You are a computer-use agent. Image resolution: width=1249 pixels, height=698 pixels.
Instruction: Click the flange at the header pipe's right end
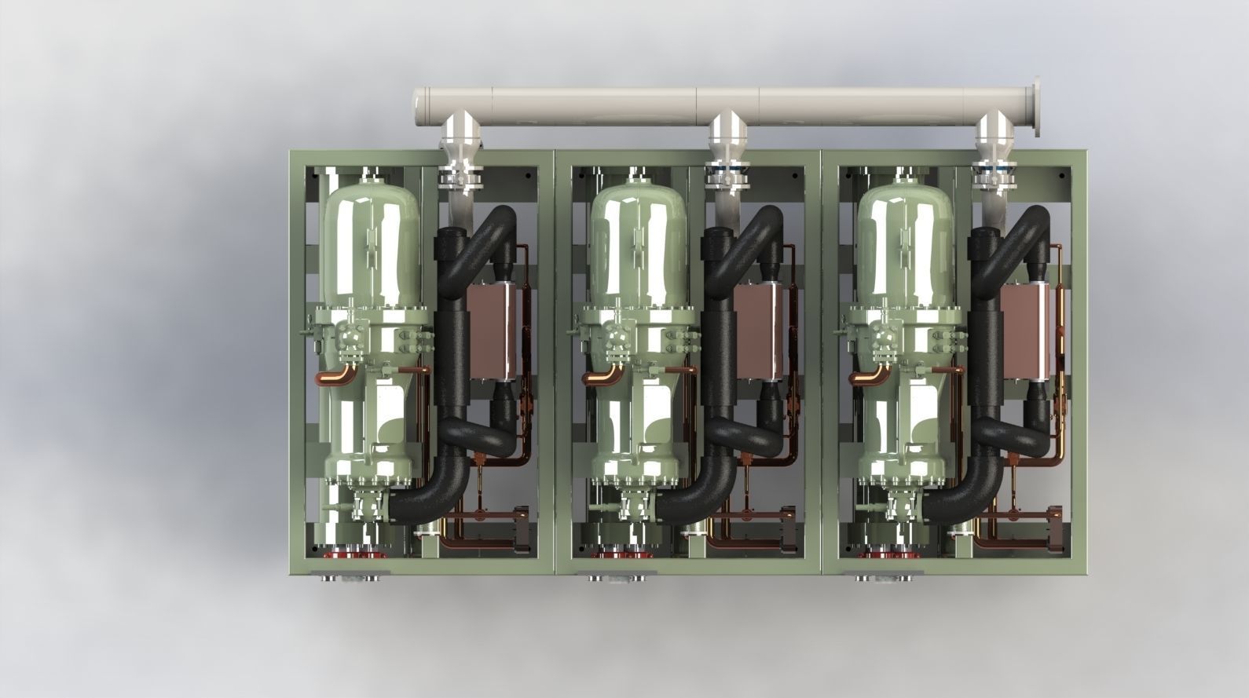pyautogui.click(x=1038, y=108)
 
